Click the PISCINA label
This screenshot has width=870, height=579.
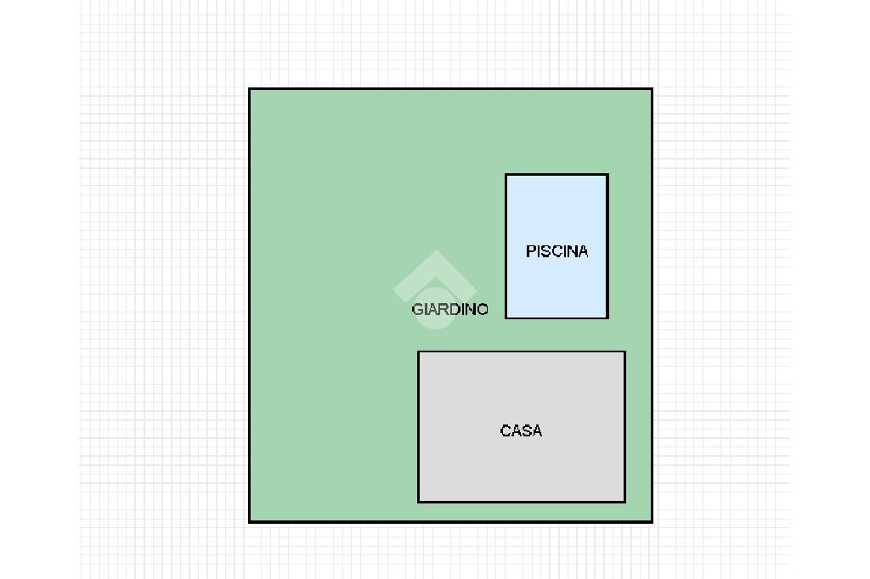point(556,251)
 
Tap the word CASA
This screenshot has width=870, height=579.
point(521,430)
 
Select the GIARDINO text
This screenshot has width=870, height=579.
point(449,309)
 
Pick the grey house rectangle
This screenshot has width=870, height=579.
point(521,467)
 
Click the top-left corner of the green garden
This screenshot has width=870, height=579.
point(250,89)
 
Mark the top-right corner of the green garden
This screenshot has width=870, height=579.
point(652,89)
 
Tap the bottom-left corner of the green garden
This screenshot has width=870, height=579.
point(250,520)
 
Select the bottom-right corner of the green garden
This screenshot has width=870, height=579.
point(652,520)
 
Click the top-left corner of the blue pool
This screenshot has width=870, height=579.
point(506,175)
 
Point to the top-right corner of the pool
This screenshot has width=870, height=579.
point(607,175)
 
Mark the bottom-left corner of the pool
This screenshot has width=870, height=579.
point(506,318)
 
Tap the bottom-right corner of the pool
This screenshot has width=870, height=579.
point(607,318)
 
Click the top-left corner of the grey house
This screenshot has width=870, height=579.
point(418,351)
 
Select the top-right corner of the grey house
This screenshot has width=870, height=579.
point(624,351)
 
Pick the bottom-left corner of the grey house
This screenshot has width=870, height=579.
point(418,502)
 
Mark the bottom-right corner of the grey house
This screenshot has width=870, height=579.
point(624,502)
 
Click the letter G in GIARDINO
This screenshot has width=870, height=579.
point(416,309)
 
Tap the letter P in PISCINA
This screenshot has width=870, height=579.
point(531,251)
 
